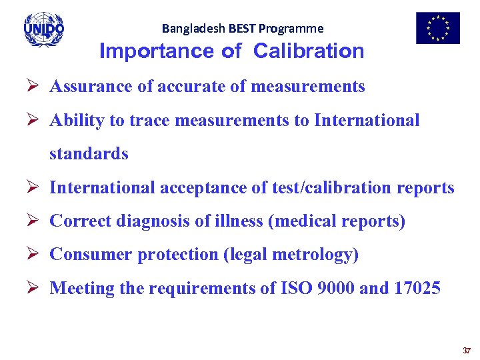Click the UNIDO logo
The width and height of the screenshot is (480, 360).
point(43,29)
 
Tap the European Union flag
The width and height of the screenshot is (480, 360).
point(438,28)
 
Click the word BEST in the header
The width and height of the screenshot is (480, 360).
point(243,29)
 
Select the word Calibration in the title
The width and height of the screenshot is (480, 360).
point(309,51)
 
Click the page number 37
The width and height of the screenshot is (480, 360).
point(467,350)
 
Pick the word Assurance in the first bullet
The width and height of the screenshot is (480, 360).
point(89,87)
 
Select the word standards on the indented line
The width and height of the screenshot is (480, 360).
point(89,154)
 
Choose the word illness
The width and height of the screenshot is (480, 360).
point(239,221)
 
